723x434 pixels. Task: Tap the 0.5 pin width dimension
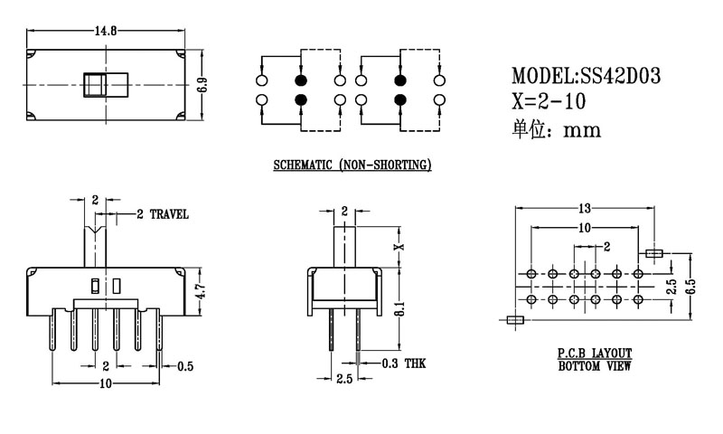185,366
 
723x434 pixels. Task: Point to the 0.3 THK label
403,363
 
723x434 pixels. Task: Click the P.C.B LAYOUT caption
594,354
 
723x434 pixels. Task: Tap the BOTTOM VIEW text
594,366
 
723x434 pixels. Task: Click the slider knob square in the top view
93,85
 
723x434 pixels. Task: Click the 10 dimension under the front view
105,384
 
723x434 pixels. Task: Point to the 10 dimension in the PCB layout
586,228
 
